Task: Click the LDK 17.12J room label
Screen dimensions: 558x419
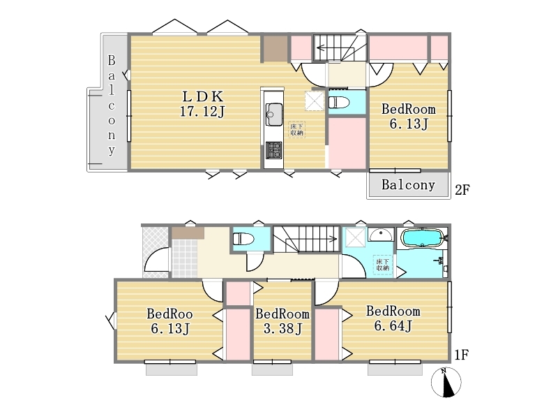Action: pos(202,104)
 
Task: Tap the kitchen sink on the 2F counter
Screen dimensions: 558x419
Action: pos(274,114)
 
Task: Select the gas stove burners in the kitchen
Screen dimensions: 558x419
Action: pos(274,150)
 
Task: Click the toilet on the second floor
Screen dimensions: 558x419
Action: pos(339,103)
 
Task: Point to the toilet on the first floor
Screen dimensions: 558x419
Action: pos(243,238)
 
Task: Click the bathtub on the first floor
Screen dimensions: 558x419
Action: pos(423,237)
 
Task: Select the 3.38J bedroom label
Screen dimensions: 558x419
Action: pos(282,321)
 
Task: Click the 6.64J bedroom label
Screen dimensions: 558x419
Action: pos(393,318)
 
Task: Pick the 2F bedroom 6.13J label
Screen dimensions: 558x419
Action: pos(409,116)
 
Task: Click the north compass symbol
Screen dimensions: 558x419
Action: pos(446,382)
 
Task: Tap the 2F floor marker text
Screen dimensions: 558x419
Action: pos(462,190)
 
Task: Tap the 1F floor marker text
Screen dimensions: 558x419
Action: pos(462,355)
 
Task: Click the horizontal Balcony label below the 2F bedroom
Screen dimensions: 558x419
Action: pos(408,184)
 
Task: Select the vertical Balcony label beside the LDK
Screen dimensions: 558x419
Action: pos(112,105)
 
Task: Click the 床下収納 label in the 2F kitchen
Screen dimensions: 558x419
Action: pos(296,129)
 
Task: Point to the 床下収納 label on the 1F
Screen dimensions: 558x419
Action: pos(382,265)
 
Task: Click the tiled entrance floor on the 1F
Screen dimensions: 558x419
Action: pos(185,258)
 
